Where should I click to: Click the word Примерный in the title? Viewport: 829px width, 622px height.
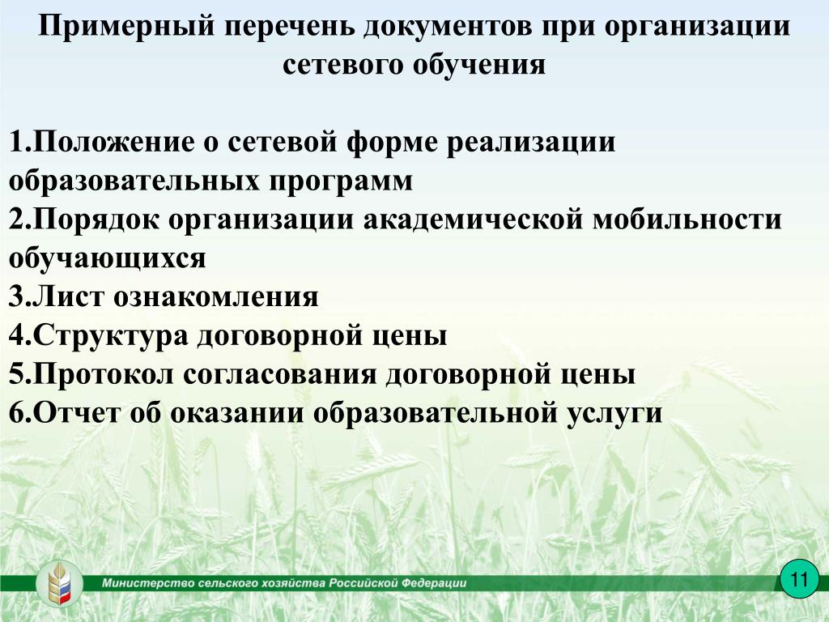point(126,27)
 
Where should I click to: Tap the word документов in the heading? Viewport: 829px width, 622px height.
point(447,27)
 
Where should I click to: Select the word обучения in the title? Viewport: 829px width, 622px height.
point(479,66)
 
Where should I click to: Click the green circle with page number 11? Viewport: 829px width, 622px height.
point(799,578)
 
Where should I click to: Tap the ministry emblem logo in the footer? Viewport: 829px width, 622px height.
point(59,584)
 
